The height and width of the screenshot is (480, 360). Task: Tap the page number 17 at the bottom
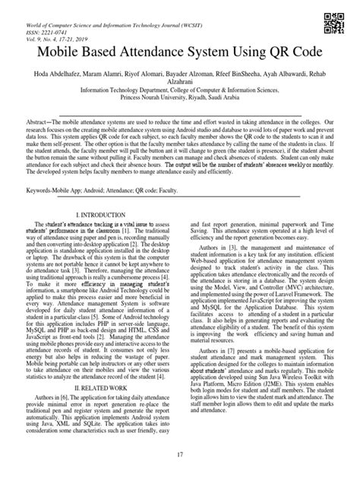click(x=181, y=454)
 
